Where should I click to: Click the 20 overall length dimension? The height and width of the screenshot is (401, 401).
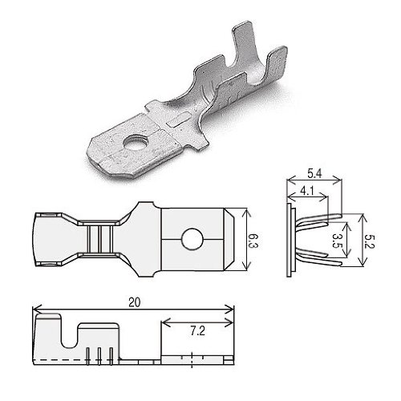(x=134, y=302)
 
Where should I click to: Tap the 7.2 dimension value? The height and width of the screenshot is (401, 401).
(x=197, y=331)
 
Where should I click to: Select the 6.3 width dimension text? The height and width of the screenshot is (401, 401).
(x=253, y=241)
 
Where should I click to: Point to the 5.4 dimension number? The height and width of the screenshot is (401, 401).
(x=314, y=174)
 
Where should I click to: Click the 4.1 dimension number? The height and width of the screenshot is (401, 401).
(x=307, y=191)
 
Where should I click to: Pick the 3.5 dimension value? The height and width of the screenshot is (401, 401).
(x=336, y=241)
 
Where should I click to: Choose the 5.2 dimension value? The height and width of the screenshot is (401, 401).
(x=371, y=241)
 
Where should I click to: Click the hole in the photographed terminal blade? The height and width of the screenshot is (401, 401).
(x=134, y=142)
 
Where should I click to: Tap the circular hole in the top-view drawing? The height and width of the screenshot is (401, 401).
(x=192, y=239)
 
